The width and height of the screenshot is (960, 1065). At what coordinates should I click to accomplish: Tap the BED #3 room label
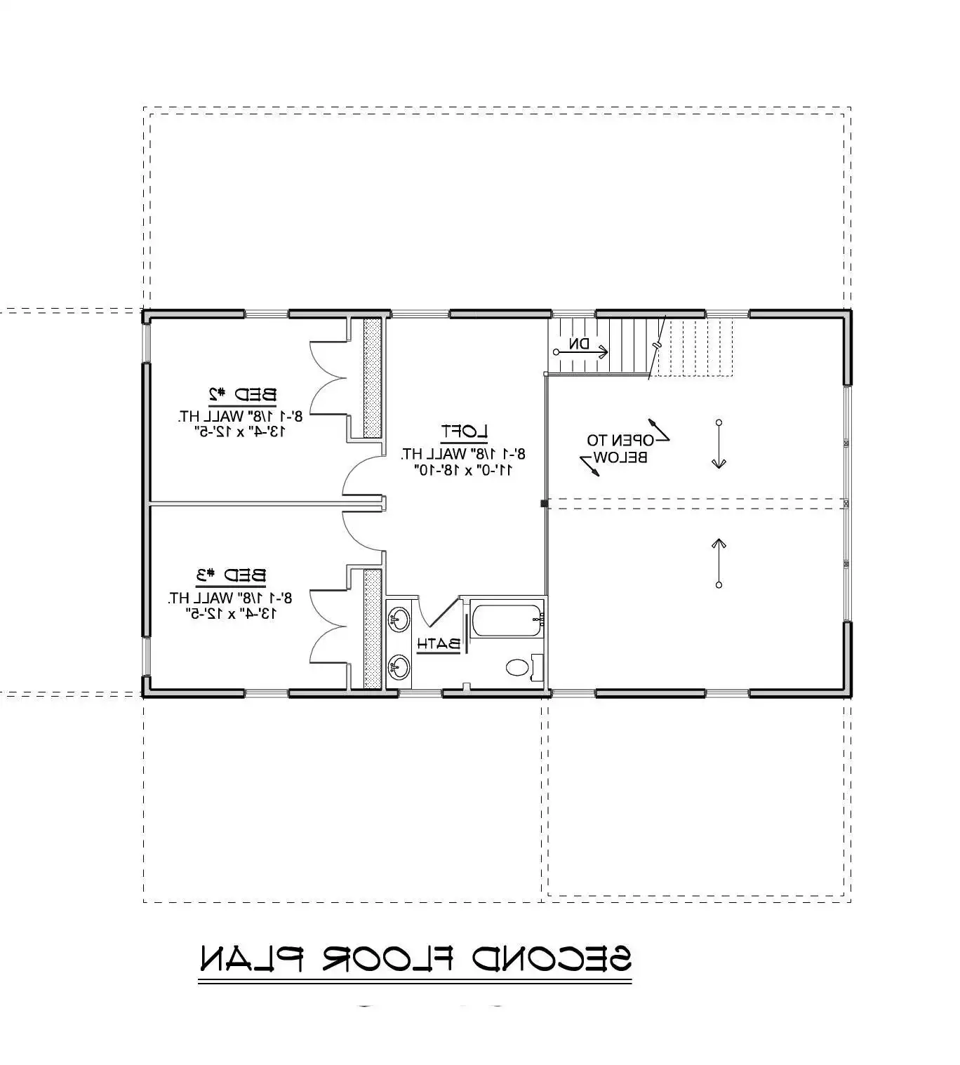point(231,576)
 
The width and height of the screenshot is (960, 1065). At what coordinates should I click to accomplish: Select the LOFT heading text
point(464,431)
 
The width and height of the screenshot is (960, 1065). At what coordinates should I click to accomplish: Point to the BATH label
point(439,643)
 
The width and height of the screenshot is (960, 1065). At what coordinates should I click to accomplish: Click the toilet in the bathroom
point(518,667)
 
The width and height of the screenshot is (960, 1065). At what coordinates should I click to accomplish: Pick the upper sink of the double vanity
point(399,619)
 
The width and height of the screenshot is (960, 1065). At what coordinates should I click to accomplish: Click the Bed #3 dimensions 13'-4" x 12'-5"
point(231,614)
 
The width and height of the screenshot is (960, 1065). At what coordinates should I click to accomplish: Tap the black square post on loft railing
point(544,503)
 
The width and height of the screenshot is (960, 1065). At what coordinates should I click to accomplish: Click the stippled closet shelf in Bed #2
point(372,377)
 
